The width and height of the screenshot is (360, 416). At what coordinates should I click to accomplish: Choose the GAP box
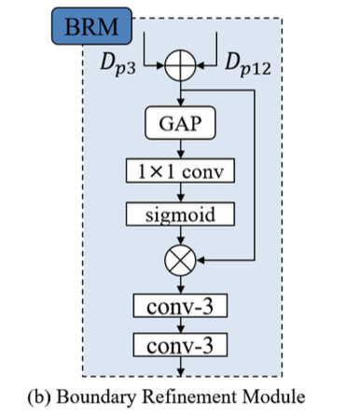[179, 123]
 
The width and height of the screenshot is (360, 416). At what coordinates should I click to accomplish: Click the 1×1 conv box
[179, 171]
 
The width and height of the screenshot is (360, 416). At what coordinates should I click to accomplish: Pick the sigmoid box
[179, 215]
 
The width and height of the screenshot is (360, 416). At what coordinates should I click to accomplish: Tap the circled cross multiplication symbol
[179, 261]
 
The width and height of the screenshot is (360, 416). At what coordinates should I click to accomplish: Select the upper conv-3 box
[179, 305]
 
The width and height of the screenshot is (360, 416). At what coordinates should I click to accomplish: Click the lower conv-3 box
[179, 348]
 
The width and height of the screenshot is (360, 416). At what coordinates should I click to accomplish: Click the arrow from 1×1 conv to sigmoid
[179, 193]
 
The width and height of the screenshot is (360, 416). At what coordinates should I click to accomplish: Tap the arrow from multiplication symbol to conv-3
[179, 284]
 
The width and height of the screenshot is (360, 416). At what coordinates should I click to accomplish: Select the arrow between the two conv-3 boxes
[179, 326]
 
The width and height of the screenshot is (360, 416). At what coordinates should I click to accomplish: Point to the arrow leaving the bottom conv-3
[179, 368]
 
